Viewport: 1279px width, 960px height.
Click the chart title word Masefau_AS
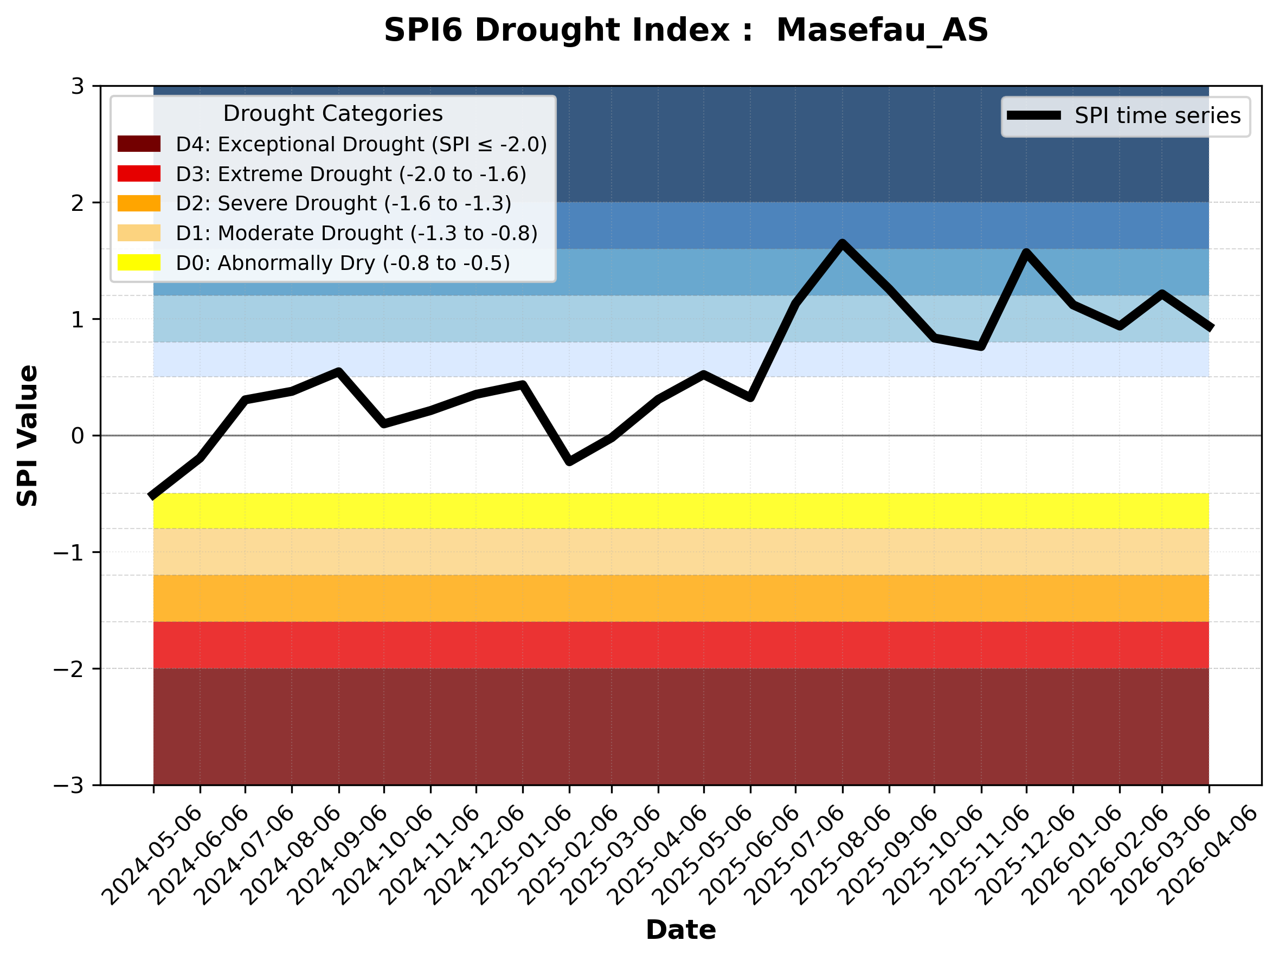[x=882, y=30]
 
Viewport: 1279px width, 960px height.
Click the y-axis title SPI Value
[x=27, y=435]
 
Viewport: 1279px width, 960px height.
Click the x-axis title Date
[x=680, y=930]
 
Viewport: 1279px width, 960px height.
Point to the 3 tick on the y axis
[x=78, y=86]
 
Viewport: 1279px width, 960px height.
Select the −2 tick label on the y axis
[x=68, y=669]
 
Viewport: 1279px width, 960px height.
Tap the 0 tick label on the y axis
[x=78, y=436]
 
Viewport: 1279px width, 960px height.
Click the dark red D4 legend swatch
[x=139, y=144]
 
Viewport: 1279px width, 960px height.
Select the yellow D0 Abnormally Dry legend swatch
[x=139, y=262]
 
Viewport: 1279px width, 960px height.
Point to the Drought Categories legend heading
[x=332, y=113]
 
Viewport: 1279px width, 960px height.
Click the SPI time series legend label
[x=1158, y=115]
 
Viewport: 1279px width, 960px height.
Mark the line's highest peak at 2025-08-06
[x=843, y=243]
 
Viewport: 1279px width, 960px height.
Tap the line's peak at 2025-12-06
[x=1026, y=253]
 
